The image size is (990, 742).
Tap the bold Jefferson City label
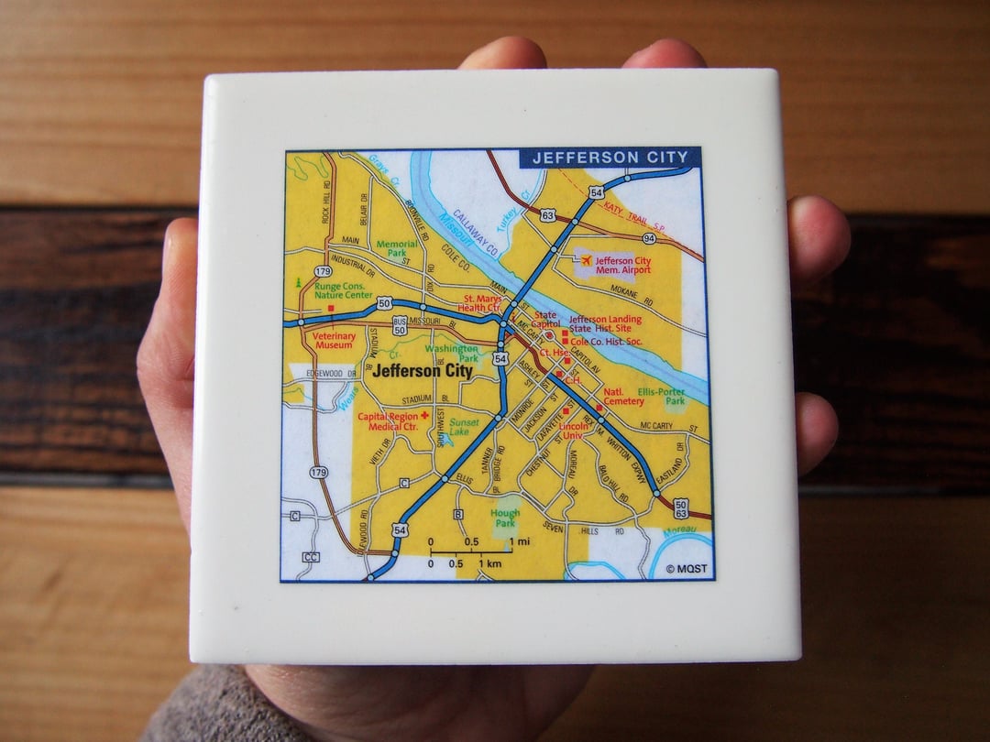[x=423, y=371]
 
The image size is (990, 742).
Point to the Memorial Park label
[x=396, y=249]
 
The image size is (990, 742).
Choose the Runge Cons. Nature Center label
[x=342, y=290]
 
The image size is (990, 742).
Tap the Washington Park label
[x=451, y=353]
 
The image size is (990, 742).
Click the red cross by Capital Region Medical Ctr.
[x=424, y=415]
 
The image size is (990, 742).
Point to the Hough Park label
[x=505, y=518]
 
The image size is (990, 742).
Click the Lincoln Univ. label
[x=574, y=431]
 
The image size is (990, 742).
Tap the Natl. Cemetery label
[x=623, y=397]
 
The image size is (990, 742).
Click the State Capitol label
[x=545, y=320]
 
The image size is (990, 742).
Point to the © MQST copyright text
[x=687, y=568]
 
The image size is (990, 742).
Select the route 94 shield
[x=649, y=238]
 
